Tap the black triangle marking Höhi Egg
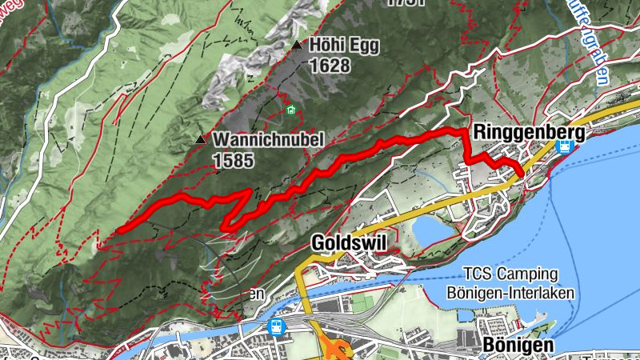pyautogui.click(x=298, y=46)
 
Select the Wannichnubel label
pyautogui.click(x=268, y=140)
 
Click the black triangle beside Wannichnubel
pyautogui.click(x=200, y=139)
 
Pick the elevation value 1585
pyautogui.click(x=233, y=160)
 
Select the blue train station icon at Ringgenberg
pyautogui.click(x=564, y=148)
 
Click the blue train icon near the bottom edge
pyautogui.click(x=277, y=327)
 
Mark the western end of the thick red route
pyautogui.click(x=118, y=231)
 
